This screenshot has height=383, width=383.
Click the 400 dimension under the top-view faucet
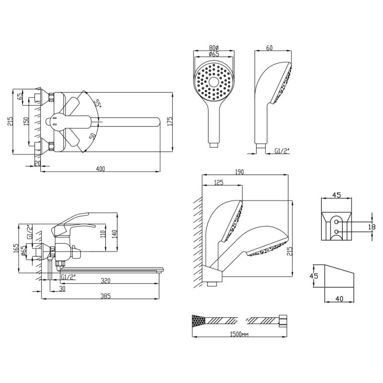tap(100, 169)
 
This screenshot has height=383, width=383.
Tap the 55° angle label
tap(97, 103)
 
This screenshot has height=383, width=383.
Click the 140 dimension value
tap(113, 235)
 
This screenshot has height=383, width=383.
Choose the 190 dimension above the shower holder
tap(239, 172)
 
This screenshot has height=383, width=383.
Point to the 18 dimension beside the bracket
tap(372, 227)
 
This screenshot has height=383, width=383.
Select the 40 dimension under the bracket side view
tap(339, 299)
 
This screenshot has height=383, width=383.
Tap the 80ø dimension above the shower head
tap(214, 48)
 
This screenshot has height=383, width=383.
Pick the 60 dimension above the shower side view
tap(269, 48)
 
